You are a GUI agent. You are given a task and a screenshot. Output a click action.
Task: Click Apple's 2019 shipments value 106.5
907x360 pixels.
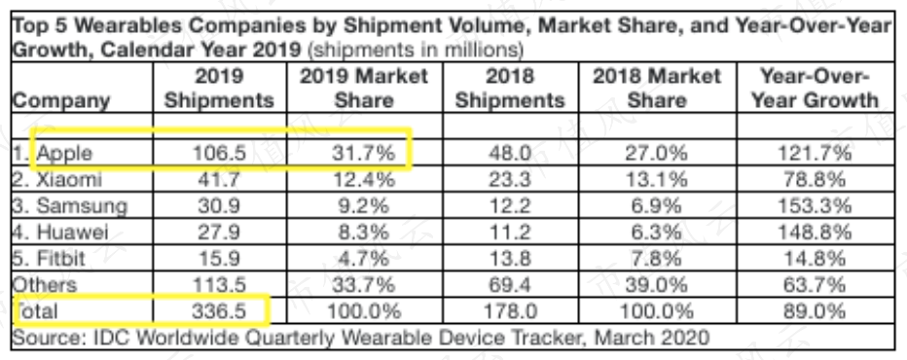click(219, 154)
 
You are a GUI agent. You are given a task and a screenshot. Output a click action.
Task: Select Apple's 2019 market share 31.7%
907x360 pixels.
click(363, 154)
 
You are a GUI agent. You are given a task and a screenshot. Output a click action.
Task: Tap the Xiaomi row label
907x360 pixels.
click(57, 180)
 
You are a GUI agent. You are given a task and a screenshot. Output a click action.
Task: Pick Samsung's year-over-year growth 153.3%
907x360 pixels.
click(814, 206)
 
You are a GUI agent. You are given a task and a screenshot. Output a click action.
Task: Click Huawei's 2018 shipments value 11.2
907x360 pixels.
click(509, 233)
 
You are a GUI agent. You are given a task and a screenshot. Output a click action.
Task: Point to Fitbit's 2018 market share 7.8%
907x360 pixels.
click(656, 259)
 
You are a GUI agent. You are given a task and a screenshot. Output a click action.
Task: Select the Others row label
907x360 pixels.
click(45, 285)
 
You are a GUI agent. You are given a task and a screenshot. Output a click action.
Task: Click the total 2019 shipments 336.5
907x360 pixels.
click(219, 311)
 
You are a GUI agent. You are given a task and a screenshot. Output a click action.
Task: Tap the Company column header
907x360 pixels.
click(60, 101)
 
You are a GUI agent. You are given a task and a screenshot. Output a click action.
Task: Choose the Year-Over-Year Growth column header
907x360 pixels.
click(814, 88)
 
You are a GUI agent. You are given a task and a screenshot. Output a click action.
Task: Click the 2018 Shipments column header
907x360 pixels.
click(509, 88)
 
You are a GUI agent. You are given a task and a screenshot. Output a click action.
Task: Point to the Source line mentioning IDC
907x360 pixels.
click(360, 337)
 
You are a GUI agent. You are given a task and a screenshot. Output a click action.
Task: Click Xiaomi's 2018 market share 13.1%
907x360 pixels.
click(656, 180)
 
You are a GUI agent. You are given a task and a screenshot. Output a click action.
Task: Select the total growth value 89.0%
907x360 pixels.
click(814, 311)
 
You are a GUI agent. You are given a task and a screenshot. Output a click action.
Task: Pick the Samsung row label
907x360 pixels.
click(70, 206)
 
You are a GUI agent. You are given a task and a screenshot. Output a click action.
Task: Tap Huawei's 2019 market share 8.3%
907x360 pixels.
click(363, 233)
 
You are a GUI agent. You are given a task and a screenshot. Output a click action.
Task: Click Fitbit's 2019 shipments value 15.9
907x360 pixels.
click(219, 259)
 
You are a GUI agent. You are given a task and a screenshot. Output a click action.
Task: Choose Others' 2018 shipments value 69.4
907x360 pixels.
click(509, 285)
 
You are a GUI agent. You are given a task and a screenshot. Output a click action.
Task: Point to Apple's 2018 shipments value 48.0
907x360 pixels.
click(509, 154)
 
